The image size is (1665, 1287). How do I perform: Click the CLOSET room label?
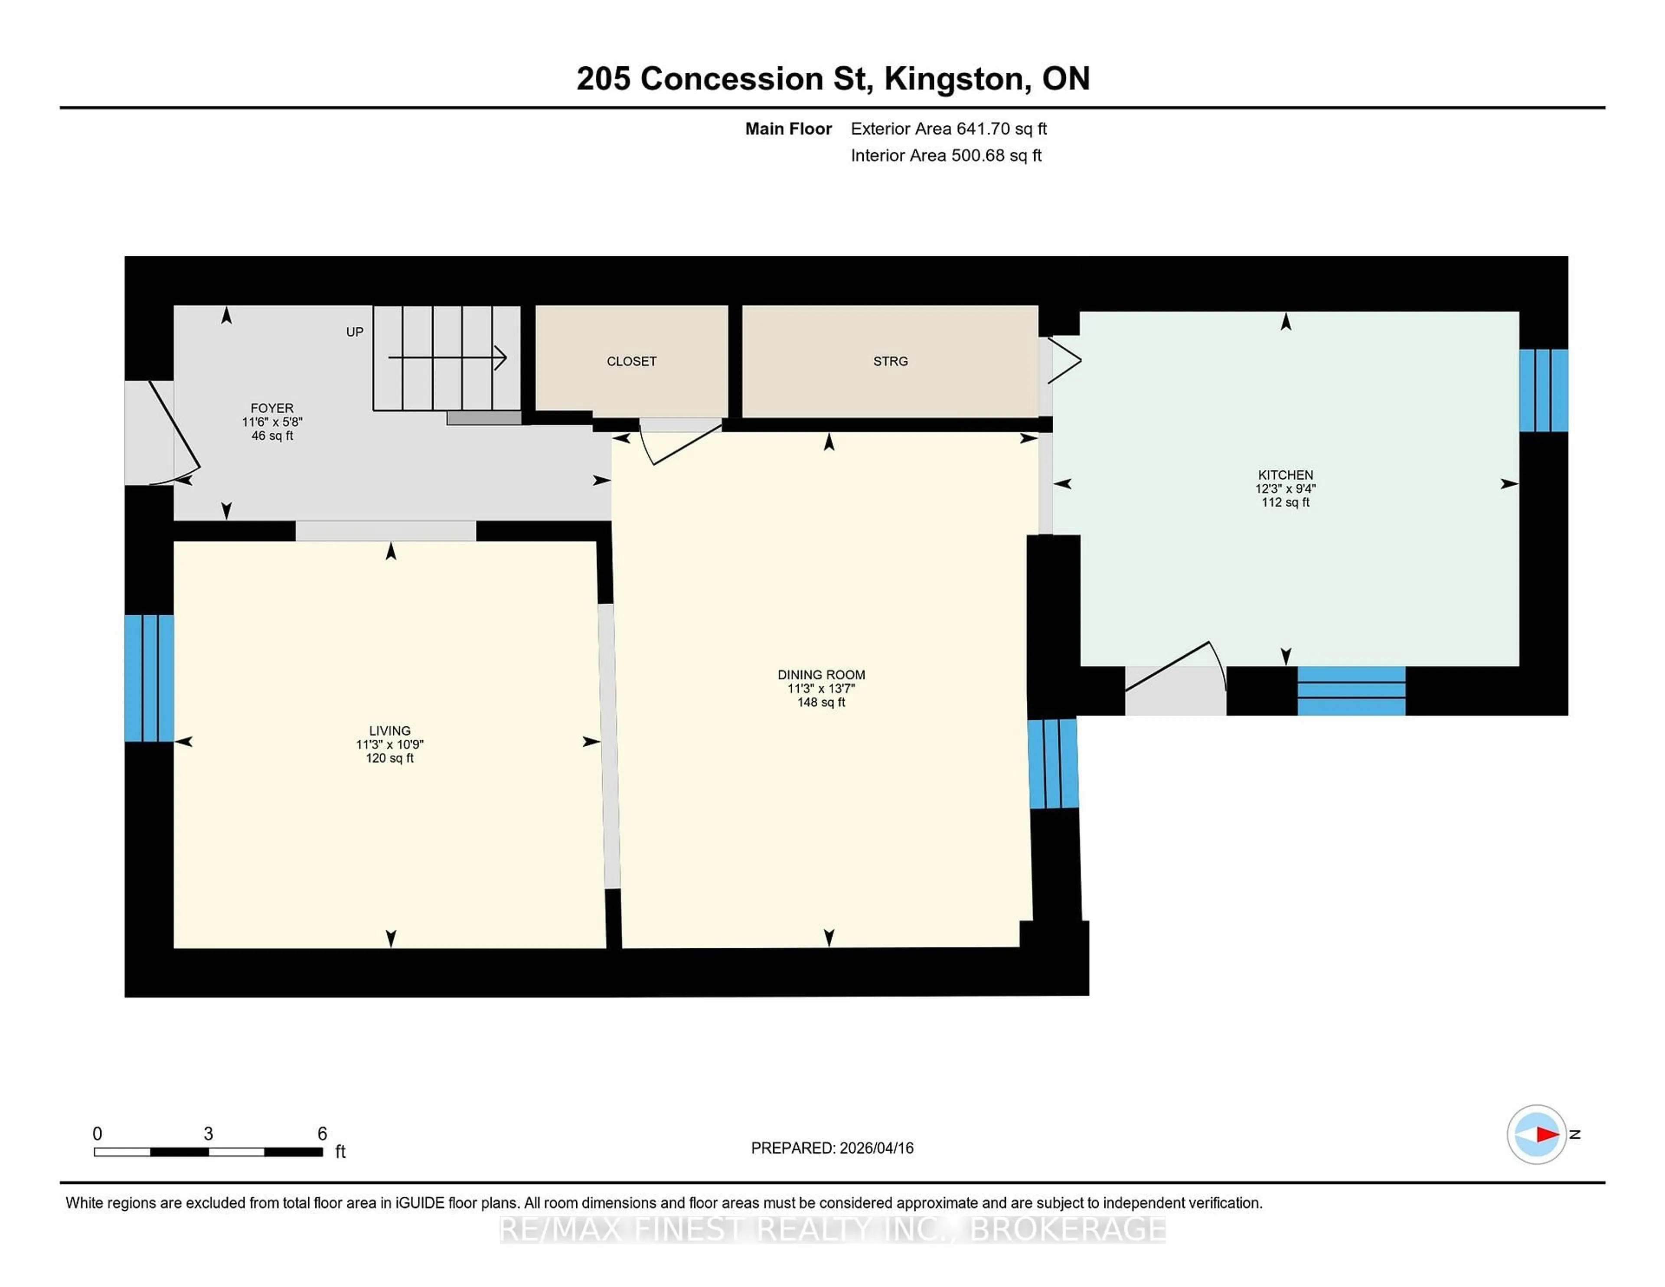pos(631,361)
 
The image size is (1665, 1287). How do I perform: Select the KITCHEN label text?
pos(1285,475)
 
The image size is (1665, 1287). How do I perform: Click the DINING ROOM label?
pos(821,675)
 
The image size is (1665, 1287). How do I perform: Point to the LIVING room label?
pos(389,730)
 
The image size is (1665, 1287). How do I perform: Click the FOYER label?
pos(272,408)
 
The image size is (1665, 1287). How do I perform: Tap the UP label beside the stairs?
pos(355,332)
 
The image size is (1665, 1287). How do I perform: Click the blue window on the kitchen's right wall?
pos(1543,390)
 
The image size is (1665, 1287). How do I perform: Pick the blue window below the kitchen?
pos(1351,691)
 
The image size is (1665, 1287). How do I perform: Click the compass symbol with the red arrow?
pos(1536,1134)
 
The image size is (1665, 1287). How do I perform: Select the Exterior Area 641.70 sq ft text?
pos(948,129)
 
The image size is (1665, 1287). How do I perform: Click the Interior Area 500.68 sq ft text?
pos(945,156)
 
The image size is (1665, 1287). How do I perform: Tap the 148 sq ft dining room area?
pos(821,702)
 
